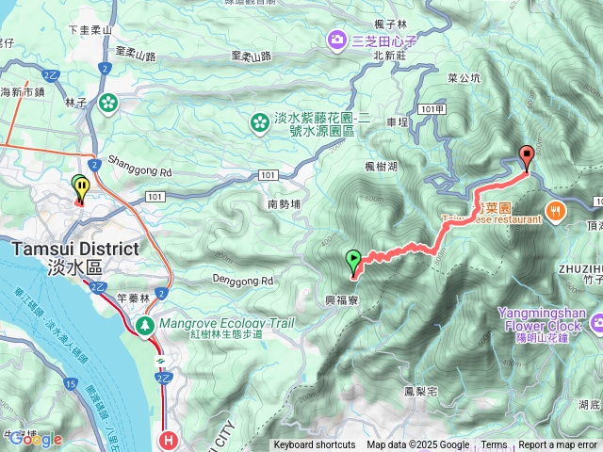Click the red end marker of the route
tap(526, 156)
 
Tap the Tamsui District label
tap(76, 250)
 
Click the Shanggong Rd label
tap(139, 172)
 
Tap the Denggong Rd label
tap(239, 280)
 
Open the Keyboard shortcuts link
tap(315, 445)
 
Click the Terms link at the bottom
tap(494, 445)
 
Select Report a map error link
tap(558, 445)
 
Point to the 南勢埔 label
tap(284, 202)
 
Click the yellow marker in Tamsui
tap(82, 187)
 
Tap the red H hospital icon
tap(169, 439)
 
